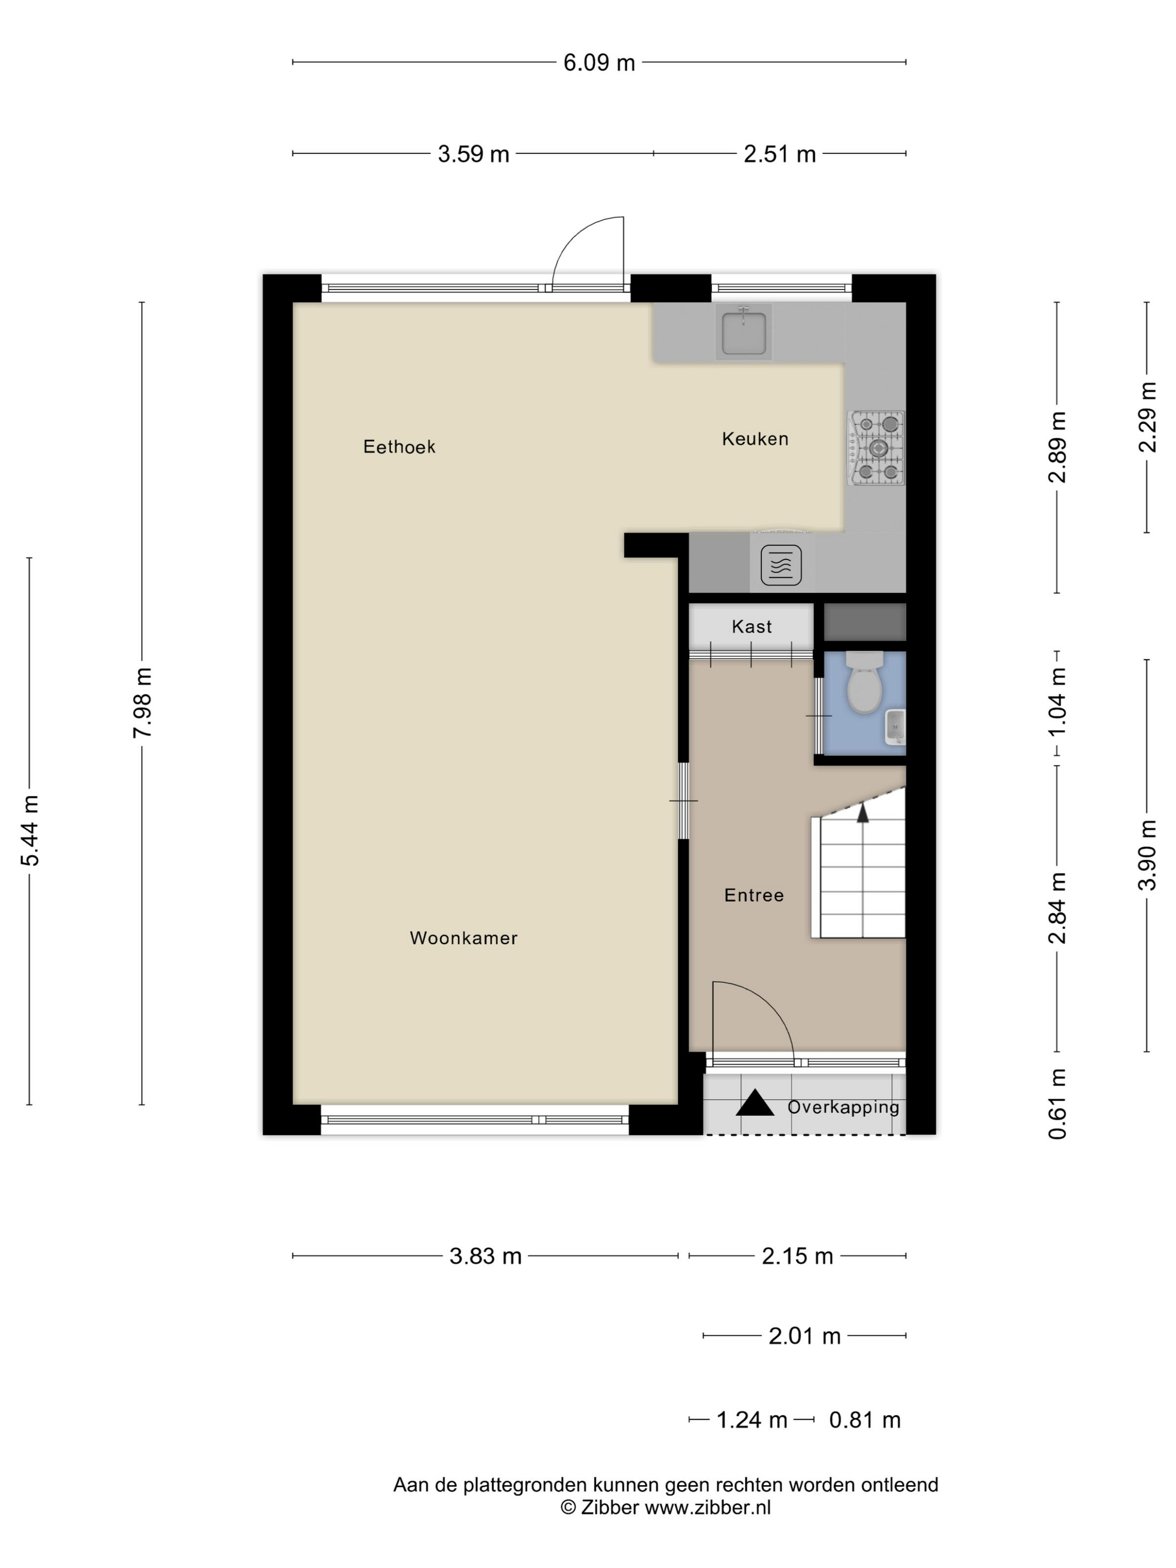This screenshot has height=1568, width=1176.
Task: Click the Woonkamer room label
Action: pos(464,938)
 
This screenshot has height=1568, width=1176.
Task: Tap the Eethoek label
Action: pos(399,446)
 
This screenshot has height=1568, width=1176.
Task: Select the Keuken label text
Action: pos(755,439)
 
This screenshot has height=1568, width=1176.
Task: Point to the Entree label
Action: pos(754,895)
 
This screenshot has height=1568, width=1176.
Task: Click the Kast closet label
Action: pos(752,627)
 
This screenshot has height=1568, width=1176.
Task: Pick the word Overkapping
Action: pos(843,1107)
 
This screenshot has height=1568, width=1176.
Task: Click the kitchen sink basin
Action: pos(744,333)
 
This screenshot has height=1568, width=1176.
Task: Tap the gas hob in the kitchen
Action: pos(876,447)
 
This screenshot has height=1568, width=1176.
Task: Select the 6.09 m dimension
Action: pos(599,62)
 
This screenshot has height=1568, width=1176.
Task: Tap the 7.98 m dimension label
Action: pos(142,702)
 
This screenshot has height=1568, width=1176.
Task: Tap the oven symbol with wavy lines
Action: pos(781,565)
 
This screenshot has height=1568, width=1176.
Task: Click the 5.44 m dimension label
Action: pos(30,831)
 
